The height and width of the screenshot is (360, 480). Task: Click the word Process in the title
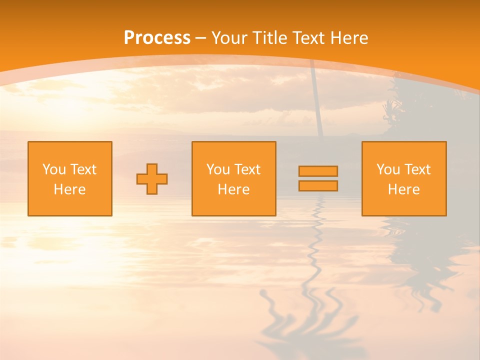(157, 38)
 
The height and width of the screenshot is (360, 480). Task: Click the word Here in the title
(349, 38)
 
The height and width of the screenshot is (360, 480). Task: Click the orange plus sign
(152, 179)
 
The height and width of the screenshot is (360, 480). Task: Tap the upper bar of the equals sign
(318, 171)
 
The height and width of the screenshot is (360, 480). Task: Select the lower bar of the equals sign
(318, 186)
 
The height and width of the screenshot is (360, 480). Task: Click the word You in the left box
(54, 169)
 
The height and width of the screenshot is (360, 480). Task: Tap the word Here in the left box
(69, 189)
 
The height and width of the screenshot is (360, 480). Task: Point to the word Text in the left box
(82, 169)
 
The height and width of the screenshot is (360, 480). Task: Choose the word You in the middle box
(218, 169)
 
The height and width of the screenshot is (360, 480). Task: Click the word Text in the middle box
(246, 169)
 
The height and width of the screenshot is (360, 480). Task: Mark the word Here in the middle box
(233, 189)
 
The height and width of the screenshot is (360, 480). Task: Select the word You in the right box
(388, 169)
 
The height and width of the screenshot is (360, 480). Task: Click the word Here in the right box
(403, 189)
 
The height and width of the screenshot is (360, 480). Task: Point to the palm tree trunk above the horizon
(316, 100)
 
